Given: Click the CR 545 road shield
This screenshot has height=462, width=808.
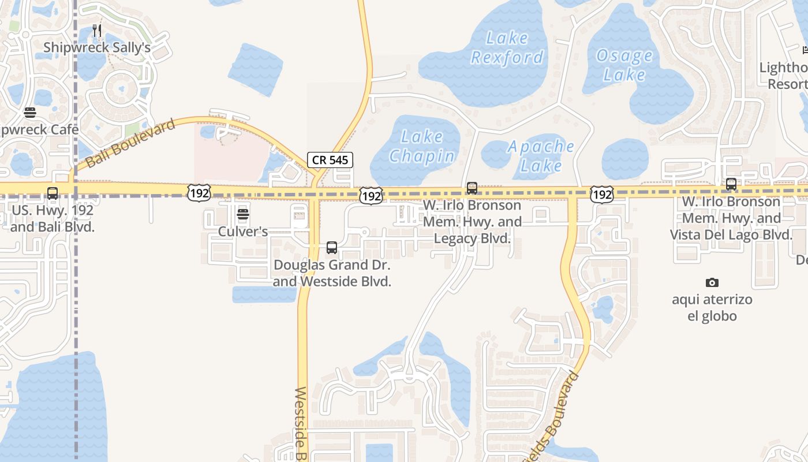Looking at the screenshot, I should [x=330, y=160].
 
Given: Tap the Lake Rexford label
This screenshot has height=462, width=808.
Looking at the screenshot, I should [x=507, y=48].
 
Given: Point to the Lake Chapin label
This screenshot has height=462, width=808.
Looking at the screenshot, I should [x=422, y=146].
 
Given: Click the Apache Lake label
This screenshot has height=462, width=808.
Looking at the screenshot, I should [x=541, y=156].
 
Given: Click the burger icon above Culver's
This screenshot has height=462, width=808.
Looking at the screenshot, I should [x=243, y=215].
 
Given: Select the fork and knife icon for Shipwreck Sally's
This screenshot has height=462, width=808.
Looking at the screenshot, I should [x=97, y=31].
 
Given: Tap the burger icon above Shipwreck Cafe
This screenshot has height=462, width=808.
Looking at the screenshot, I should [x=30, y=113].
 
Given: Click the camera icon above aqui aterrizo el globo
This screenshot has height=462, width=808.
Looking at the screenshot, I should [x=712, y=282].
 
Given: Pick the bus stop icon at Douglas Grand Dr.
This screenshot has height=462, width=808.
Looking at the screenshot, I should [x=332, y=248].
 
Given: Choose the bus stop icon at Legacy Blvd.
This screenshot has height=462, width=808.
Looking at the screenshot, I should [x=472, y=188].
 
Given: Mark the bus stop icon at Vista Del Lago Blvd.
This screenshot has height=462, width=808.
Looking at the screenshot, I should [x=731, y=185].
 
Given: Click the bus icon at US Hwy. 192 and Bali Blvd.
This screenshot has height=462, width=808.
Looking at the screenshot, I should [x=53, y=193].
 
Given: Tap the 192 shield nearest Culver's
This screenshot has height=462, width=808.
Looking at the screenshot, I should [x=198, y=193].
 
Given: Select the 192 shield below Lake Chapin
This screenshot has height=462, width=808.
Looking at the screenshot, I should [x=371, y=196].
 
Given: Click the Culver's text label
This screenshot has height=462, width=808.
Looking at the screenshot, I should [x=243, y=232].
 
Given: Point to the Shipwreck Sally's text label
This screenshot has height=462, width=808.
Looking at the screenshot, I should [x=97, y=47].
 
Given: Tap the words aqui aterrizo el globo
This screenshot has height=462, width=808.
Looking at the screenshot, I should [x=712, y=308].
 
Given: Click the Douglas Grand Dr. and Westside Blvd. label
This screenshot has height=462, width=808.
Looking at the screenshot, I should [x=332, y=273].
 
